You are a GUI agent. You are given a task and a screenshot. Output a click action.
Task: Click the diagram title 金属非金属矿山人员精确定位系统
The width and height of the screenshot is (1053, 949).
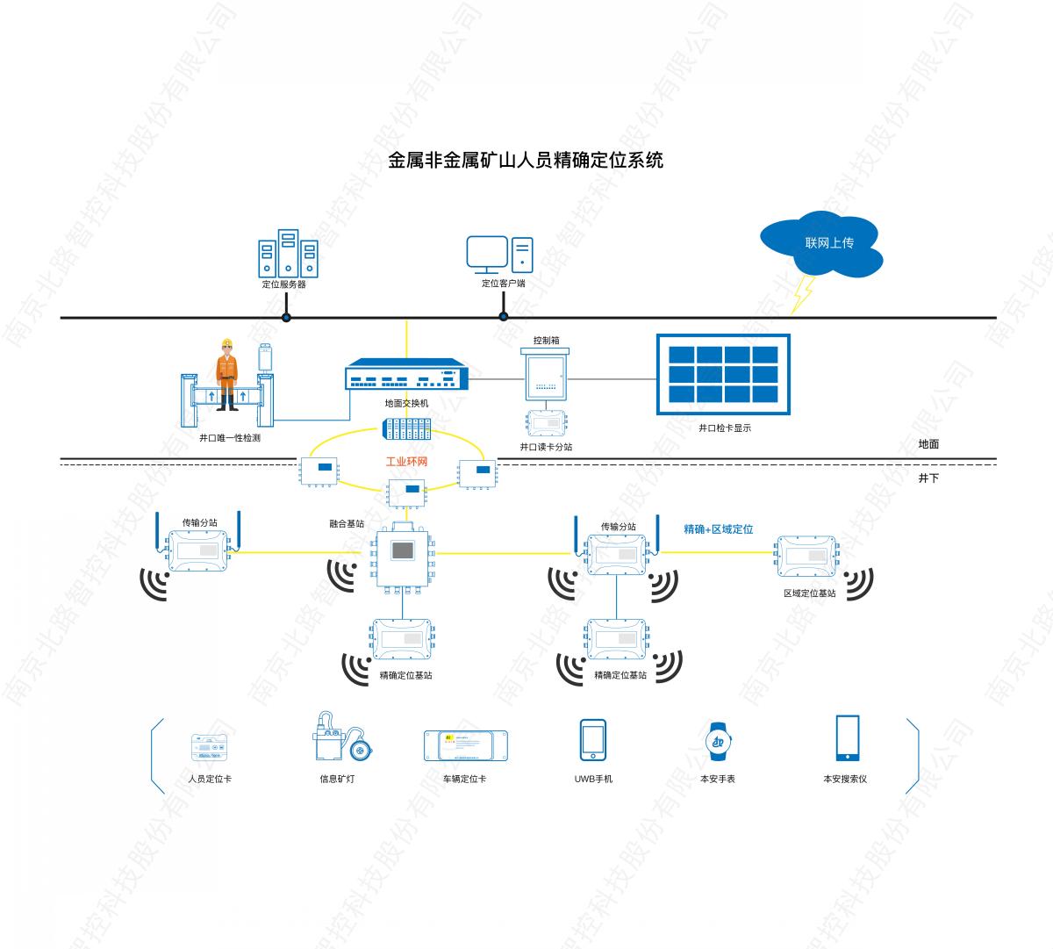[x=526, y=160]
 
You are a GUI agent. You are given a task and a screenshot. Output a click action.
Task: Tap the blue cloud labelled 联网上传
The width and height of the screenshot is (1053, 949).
[x=821, y=244]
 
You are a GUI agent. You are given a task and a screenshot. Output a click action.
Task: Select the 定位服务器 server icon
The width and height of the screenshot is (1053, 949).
[x=288, y=254]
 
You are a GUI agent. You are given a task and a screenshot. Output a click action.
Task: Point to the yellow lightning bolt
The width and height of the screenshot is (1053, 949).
[x=802, y=293]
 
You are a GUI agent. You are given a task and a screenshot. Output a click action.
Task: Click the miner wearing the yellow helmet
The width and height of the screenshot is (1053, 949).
[x=227, y=374]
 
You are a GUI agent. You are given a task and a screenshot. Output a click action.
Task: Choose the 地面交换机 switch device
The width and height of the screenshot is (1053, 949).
[x=406, y=376]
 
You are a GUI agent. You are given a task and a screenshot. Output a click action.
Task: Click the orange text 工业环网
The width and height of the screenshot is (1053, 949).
[x=406, y=461]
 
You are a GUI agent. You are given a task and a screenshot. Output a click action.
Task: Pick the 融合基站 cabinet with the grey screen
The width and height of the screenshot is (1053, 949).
[x=404, y=555]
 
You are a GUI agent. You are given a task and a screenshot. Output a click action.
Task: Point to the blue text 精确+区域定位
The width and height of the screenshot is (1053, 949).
[x=718, y=529]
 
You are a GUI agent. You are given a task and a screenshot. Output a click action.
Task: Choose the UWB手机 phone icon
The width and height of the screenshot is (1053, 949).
[x=592, y=741]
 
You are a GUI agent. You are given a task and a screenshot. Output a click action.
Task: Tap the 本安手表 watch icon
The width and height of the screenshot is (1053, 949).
[x=719, y=740]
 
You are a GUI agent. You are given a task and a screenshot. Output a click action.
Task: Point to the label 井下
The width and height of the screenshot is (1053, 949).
[x=928, y=478]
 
